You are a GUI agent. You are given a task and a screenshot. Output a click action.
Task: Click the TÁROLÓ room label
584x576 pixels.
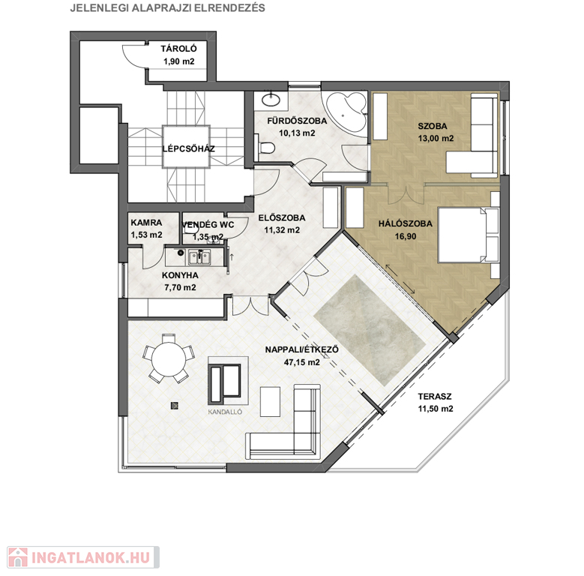click(178, 49)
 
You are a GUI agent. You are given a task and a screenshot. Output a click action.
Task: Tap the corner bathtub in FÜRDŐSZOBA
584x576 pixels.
click(346, 111)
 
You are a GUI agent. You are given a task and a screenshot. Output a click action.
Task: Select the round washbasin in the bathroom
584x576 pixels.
click(271, 100)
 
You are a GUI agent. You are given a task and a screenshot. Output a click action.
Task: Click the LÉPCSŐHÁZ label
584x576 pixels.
click(188, 148)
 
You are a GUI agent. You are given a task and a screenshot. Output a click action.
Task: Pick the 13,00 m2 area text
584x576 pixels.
click(436, 139)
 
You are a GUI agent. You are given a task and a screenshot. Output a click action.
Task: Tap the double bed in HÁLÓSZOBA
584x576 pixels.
click(469, 235)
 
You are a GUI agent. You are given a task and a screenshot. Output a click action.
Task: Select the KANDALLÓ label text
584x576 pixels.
click(225, 412)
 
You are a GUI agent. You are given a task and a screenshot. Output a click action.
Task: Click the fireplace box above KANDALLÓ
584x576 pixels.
click(228, 380)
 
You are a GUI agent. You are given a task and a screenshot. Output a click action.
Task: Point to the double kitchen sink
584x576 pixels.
click(199, 257)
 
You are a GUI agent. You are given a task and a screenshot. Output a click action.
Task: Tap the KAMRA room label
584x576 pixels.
click(146, 223)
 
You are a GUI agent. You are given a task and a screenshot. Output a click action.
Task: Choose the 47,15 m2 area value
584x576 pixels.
click(301, 362)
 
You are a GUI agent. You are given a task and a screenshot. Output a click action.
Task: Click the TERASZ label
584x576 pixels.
click(435, 397)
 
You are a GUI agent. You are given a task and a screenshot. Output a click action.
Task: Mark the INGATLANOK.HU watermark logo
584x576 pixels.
click(83, 557)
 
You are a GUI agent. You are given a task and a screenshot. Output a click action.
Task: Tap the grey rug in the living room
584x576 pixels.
click(370, 331)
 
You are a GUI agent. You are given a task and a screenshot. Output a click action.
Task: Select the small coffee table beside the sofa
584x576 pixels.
click(270, 402)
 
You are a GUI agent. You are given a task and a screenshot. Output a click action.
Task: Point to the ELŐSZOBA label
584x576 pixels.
click(282, 218)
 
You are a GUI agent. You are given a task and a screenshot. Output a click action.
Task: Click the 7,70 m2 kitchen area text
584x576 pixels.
click(180, 288)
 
